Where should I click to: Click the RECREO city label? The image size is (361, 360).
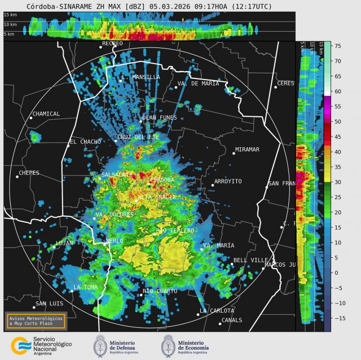(112, 43)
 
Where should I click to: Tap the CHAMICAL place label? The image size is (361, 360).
(46, 114)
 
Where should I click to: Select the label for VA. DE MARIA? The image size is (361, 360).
(198, 84)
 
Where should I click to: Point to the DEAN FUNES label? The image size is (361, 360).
(160, 118)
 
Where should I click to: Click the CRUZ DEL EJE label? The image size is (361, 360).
(138, 137)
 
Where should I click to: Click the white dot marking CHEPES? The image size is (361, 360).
(17, 177)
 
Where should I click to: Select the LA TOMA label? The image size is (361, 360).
(86, 287)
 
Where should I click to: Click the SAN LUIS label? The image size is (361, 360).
(49, 304)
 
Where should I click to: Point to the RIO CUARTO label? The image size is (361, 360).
(160, 291)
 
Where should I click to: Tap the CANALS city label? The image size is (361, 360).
(232, 320)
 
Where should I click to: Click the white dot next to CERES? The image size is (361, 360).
(276, 87)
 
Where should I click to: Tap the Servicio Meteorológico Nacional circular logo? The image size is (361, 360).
(20, 345)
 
